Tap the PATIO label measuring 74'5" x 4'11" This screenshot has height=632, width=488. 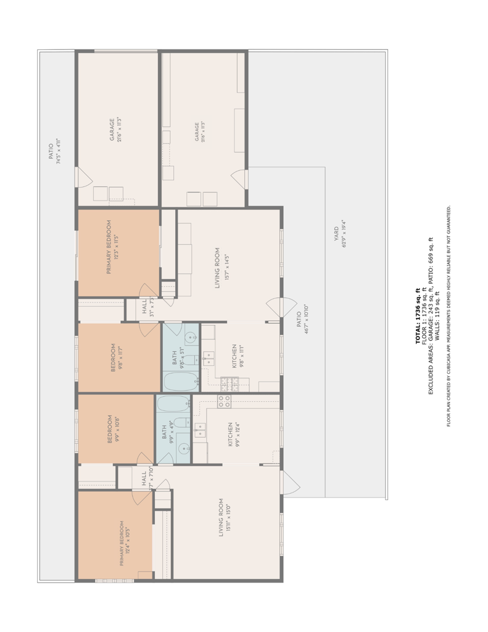point(54,151)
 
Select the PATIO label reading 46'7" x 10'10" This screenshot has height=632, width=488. point(302,319)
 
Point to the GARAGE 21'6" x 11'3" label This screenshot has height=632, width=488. point(115,130)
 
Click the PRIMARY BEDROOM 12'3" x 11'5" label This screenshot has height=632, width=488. point(112,247)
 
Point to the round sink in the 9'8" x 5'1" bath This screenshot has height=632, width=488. point(191,338)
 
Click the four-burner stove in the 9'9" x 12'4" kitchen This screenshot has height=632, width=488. point(224,402)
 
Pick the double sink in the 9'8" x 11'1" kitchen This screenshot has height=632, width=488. point(208,356)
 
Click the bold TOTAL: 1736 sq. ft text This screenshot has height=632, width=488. point(418,315)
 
